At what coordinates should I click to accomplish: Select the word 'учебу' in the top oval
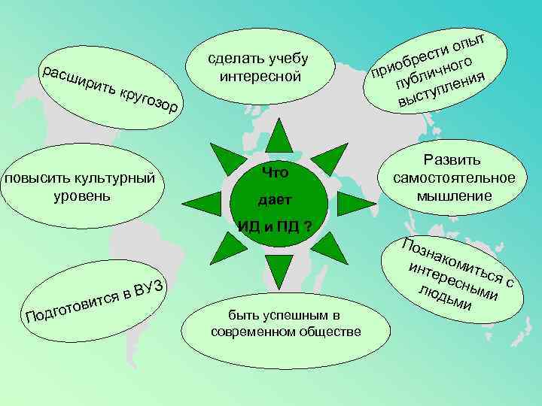(x=288, y=59)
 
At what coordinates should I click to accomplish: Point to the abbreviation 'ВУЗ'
(x=156, y=286)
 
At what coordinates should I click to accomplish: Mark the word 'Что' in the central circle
(x=276, y=174)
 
